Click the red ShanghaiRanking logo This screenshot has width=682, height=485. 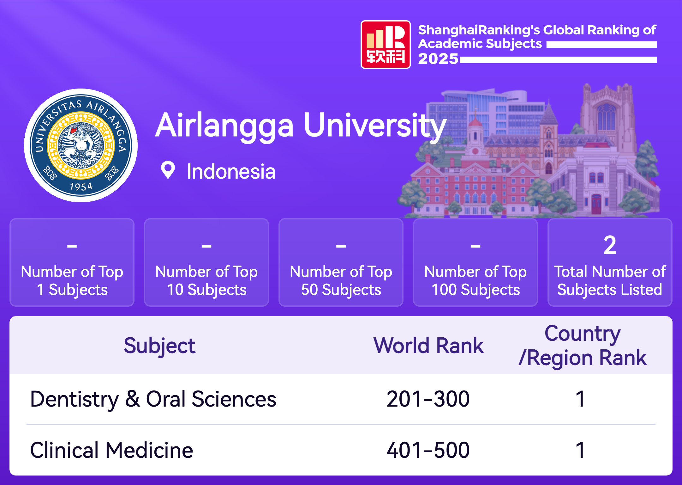click(x=386, y=45)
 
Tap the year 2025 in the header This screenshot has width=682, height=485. click(x=438, y=59)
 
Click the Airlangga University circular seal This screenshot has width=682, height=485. click(x=81, y=145)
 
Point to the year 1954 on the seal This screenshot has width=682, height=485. click(x=81, y=186)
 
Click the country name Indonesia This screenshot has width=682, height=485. click(x=231, y=171)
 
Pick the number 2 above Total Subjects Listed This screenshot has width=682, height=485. click(x=610, y=245)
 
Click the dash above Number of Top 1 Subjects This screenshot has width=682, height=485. click(x=72, y=246)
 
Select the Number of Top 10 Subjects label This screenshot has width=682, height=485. click(x=206, y=281)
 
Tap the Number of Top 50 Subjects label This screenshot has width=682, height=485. click(x=341, y=281)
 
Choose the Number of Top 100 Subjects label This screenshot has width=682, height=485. click(x=476, y=281)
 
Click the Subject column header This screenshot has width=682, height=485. click(x=159, y=346)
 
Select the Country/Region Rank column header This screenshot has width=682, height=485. click(x=583, y=346)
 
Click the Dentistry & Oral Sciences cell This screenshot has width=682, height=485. click(x=153, y=399)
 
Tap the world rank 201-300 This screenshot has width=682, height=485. click(x=428, y=399)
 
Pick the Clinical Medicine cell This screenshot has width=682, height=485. click(x=111, y=450)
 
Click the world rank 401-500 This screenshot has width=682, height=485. click(x=428, y=450)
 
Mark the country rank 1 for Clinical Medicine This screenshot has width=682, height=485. click(x=580, y=450)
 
